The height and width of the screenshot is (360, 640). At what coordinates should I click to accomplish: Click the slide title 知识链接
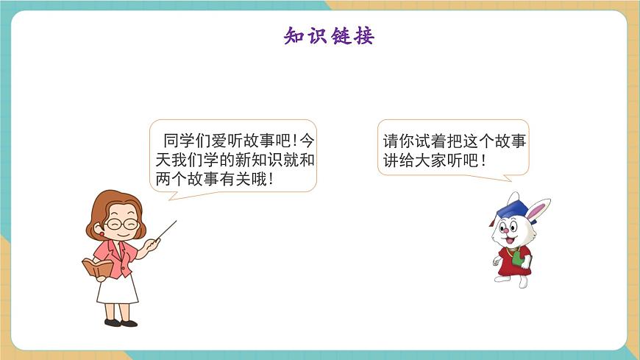[x=329, y=35]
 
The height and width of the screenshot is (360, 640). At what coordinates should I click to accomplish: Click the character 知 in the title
[x=295, y=35]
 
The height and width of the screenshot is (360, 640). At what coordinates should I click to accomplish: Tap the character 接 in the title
[x=363, y=35]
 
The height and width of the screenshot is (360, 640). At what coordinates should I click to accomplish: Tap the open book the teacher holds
[x=96, y=267]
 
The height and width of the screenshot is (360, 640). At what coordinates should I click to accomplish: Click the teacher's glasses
[x=121, y=223]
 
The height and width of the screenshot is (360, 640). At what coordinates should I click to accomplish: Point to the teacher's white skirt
[x=118, y=289]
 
